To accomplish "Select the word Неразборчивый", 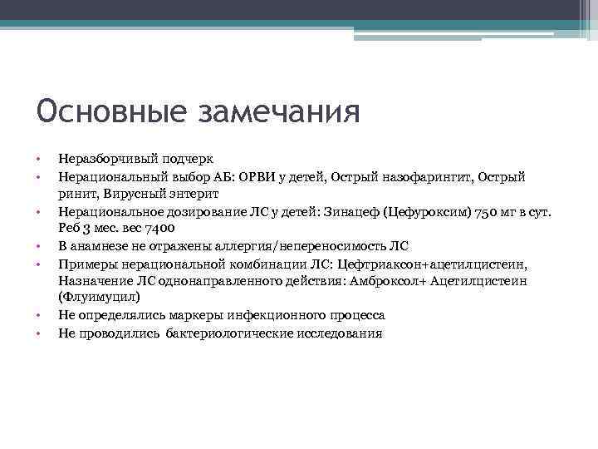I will click(98, 158).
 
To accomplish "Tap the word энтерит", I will click(194, 194).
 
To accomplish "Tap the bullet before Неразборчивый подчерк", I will click(38, 158).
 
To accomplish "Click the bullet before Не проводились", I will click(38, 333).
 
